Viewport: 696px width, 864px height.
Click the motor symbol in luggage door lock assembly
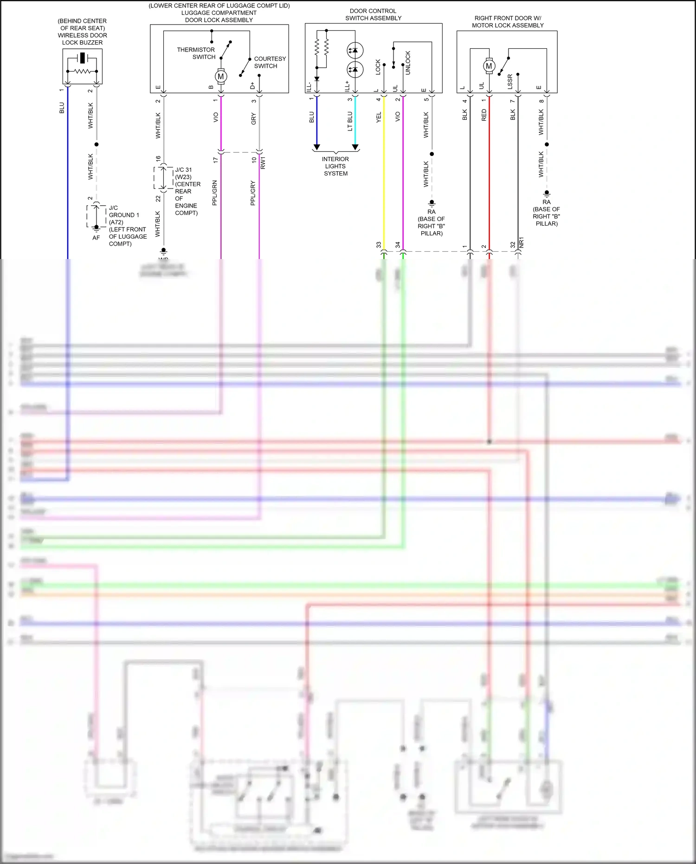click(x=221, y=77)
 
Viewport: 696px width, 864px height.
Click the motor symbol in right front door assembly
click(x=489, y=66)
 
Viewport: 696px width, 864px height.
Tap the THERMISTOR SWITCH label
click(x=196, y=53)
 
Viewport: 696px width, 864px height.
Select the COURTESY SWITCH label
click(x=270, y=62)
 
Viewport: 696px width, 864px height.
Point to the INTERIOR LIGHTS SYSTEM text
click(x=335, y=166)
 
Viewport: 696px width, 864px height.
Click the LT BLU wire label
click(x=350, y=121)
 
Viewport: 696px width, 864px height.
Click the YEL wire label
click(x=379, y=117)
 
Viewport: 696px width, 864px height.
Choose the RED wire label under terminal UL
click(x=484, y=115)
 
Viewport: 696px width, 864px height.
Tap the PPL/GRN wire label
click(x=215, y=193)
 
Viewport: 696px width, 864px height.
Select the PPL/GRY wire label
click(x=253, y=193)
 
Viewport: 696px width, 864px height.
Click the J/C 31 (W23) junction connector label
click(x=184, y=173)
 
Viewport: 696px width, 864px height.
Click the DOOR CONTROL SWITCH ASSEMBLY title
click(x=373, y=14)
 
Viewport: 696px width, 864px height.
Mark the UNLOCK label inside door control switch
click(x=408, y=63)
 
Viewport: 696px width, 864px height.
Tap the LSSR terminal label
click(x=510, y=82)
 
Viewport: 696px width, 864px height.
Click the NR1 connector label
click(x=521, y=242)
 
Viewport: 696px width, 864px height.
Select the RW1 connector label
click(x=263, y=162)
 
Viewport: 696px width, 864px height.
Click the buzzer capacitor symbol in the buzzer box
click(x=82, y=58)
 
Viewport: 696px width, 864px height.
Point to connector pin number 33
click(x=379, y=245)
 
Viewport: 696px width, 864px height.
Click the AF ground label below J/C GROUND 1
click(x=96, y=238)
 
